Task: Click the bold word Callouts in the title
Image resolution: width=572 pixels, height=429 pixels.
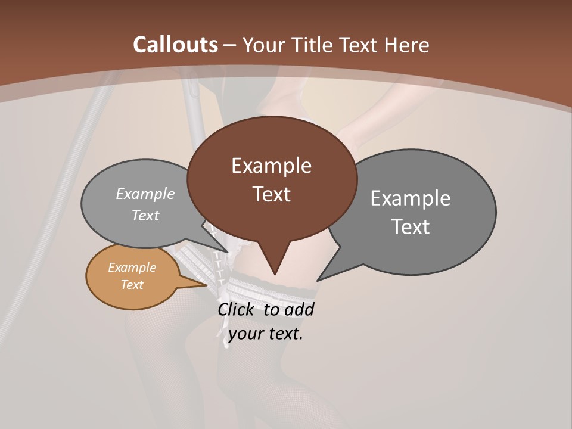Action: coord(175,45)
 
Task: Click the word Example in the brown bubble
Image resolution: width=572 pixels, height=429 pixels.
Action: coord(271,165)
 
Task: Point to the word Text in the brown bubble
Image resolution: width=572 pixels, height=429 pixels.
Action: coord(271,194)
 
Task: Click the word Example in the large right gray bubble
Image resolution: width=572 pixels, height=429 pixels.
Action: coord(411,198)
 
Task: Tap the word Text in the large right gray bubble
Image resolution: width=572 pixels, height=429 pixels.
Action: coord(411,226)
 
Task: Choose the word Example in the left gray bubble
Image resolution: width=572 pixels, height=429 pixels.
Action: coord(145,194)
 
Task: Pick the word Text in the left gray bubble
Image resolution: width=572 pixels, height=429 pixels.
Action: coord(145,215)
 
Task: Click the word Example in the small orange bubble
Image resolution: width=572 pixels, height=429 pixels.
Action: coord(132,268)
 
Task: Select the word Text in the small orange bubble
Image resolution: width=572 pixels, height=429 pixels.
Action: coord(132,284)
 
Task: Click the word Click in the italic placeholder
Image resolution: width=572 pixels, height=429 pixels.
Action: coord(237,309)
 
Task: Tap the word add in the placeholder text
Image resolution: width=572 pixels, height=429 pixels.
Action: coord(300,309)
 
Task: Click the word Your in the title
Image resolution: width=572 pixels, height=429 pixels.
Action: coord(264,45)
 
